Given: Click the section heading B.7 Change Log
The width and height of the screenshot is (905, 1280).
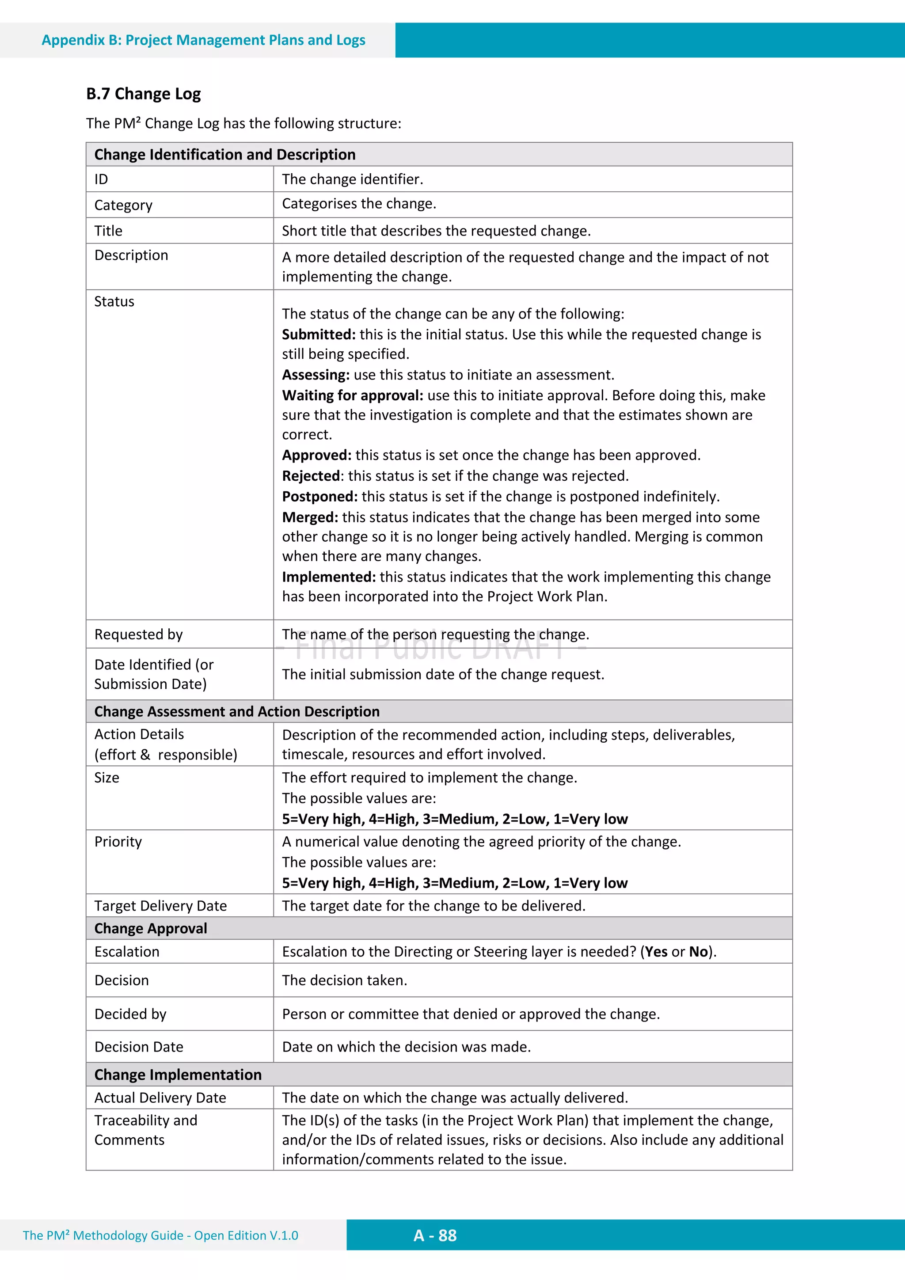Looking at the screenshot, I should [143, 94].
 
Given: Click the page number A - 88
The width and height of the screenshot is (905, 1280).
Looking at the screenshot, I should [435, 1235].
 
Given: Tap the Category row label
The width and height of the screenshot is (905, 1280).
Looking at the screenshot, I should [123, 205].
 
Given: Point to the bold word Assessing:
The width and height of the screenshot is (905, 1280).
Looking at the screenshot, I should [316, 375].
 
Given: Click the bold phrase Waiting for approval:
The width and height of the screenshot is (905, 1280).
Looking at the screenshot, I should [352, 395].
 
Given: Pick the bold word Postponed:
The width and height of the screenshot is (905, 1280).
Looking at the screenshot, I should [319, 496].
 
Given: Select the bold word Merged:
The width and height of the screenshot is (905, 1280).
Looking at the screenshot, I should [310, 517].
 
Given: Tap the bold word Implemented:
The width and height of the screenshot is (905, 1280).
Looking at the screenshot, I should [328, 577].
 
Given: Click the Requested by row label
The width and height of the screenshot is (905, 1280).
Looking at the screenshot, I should [138, 634].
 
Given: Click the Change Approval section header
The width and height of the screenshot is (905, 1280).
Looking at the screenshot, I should [151, 928].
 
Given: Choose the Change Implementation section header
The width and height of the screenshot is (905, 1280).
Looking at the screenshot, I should [178, 1074].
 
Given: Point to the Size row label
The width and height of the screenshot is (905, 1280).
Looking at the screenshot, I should [106, 778].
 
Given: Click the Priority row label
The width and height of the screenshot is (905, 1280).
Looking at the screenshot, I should [118, 841].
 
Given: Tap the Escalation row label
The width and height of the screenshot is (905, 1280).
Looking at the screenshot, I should [126, 952].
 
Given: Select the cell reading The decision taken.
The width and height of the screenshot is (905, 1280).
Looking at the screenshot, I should [345, 980].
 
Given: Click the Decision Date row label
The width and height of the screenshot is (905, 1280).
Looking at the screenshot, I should [139, 1047].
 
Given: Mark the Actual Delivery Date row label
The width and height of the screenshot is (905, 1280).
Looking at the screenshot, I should [160, 1098].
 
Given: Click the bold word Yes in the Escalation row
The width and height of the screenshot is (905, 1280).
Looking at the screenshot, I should [656, 952].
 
